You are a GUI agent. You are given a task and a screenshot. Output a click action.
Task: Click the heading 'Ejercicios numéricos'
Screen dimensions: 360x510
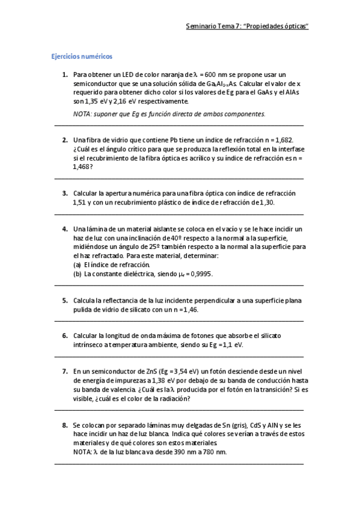(81, 57)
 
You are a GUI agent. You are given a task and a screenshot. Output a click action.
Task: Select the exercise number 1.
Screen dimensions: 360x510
(64, 75)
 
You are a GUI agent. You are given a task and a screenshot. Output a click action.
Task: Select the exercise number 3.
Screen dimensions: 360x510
(64, 193)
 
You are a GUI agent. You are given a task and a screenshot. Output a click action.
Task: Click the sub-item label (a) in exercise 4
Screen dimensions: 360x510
(77, 265)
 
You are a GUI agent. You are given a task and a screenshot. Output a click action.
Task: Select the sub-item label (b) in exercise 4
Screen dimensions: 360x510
(77, 274)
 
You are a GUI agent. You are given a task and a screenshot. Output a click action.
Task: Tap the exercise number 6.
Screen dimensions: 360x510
(64, 336)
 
